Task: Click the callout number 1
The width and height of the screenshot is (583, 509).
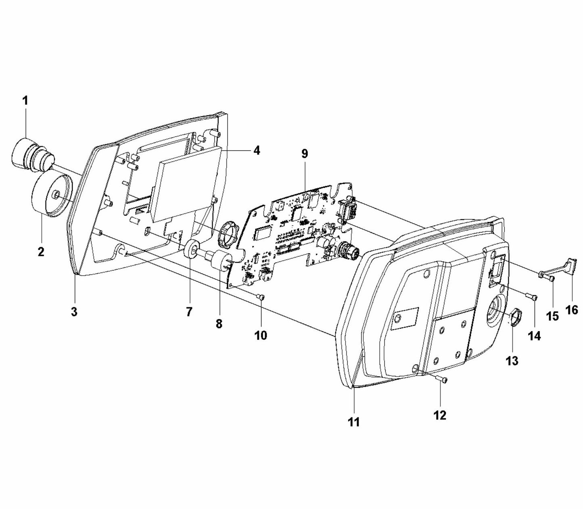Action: (x=25, y=100)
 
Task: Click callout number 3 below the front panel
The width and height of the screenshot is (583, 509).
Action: (x=74, y=312)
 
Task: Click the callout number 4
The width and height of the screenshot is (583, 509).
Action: (x=257, y=150)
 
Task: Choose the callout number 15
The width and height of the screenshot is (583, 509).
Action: (x=552, y=316)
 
